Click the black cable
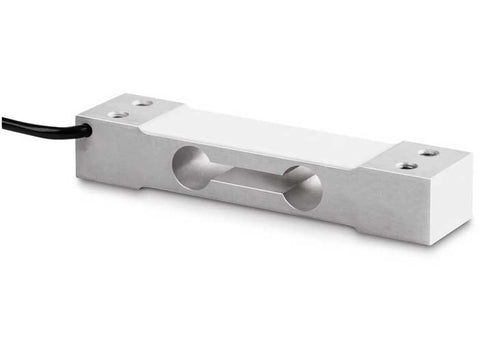click(x=40, y=125)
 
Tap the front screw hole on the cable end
click(x=118, y=115)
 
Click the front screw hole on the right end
click(x=406, y=166)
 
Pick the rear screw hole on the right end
click(x=428, y=153)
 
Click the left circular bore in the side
click(x=190, y=164)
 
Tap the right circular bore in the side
click(x=301, y=188)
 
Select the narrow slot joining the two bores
click(x=245, y=177)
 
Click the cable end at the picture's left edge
click(x=3, y=120)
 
